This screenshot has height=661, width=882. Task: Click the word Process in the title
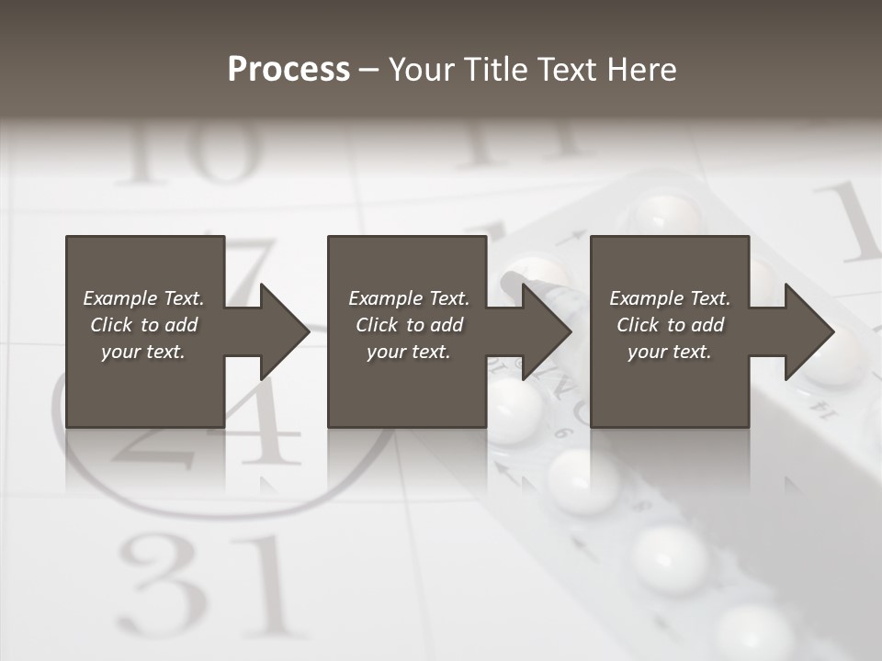(x=288, y=70)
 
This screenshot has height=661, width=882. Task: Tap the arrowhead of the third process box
(x=808, y=331)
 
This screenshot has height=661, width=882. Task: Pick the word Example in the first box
(x=119, y=298)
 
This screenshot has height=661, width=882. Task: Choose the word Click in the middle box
(x=378, y=325)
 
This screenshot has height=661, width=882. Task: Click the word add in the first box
(x=181, y=325)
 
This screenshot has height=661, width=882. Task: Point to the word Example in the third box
(x=645, y=298)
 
